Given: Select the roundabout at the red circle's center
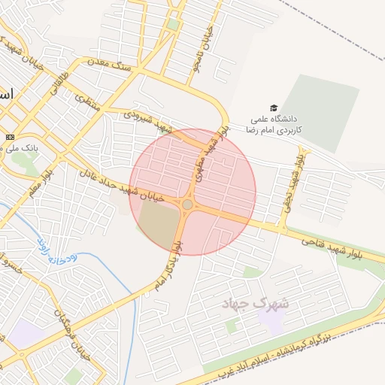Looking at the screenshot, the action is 187,204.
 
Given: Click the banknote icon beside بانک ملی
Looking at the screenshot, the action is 9,137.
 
